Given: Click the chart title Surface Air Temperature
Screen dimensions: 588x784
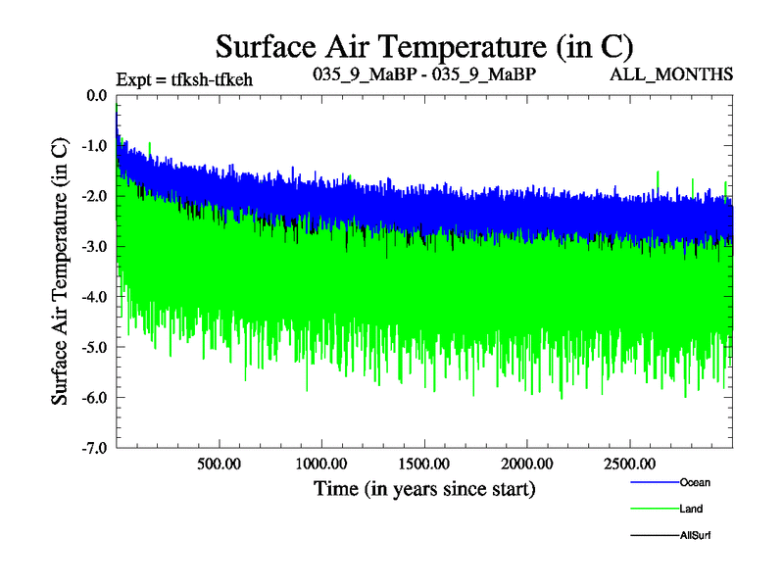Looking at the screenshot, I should (x=424, y=47).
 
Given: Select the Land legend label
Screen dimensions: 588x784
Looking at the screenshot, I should (x=691, y=509).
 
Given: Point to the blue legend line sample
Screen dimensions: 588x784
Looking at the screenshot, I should (x=652, y=483).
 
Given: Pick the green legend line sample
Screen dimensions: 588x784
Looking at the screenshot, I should (x=652, y=510).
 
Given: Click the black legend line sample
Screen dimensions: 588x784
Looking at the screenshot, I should (x=652, y=536).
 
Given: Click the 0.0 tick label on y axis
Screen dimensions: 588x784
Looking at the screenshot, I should (x=96, y=95).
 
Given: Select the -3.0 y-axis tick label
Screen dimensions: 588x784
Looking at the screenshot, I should (x=94, y=246).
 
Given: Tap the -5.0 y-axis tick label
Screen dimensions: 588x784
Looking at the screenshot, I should (x=94, y=347).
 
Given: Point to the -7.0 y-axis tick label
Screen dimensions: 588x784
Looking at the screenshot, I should (x=94, y=448).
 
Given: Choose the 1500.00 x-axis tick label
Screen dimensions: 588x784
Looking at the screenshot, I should (x=422, y=463).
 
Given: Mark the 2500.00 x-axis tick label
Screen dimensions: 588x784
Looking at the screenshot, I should (x=627, y=463).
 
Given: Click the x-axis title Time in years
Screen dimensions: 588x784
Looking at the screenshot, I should (x=424, y=488).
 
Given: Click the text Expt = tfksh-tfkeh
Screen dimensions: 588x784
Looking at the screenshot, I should (x=184, y=79).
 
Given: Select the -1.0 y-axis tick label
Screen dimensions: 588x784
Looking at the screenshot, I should (x=94, y=145).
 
